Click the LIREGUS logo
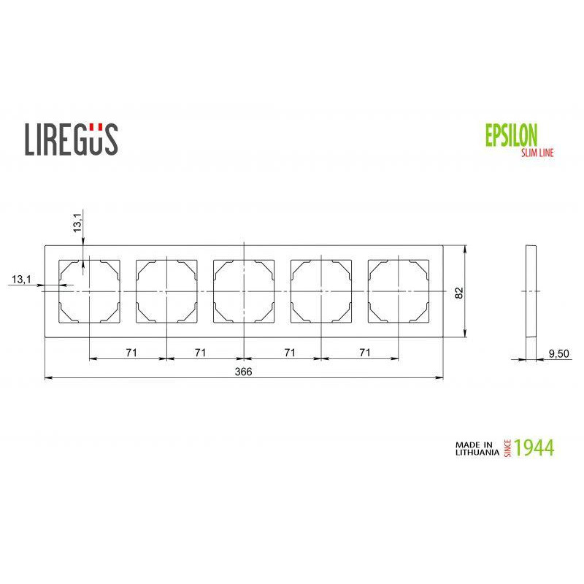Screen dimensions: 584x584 [71, 139]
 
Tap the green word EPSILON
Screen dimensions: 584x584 [512, 135]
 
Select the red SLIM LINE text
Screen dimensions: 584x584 [537, 153]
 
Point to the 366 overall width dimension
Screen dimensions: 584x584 [243, 372]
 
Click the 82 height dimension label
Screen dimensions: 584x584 [459, 293]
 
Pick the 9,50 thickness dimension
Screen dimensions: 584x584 [558, 353]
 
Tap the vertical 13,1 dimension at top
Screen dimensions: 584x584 [77, 223]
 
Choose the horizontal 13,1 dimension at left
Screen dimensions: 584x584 [22, 279]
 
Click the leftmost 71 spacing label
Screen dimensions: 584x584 [131, 353]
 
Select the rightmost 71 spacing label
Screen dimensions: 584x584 [365, 353]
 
